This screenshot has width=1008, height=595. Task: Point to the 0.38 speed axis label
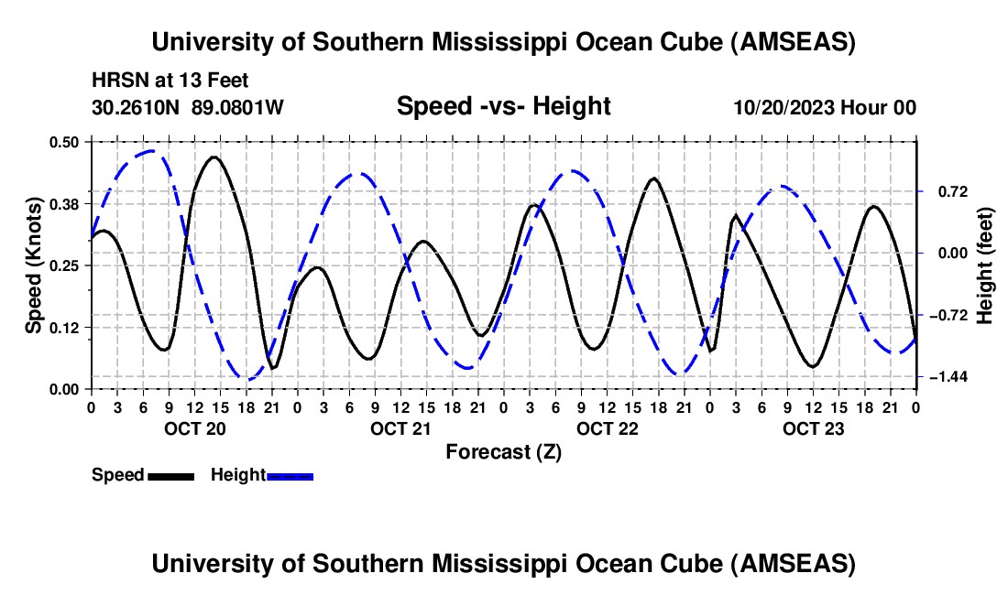click(69, 203)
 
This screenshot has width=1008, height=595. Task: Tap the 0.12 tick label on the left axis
click(69, 327)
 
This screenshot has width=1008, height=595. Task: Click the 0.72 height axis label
click(945, 191)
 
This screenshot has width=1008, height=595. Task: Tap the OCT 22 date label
click(606, 428)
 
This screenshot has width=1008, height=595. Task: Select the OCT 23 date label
click(813, 428)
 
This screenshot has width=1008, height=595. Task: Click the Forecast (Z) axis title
click(503, 451)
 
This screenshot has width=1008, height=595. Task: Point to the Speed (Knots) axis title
click(33, 265)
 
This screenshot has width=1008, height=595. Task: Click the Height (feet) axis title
click(985, 265)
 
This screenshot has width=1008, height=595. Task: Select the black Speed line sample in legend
click(170, 475)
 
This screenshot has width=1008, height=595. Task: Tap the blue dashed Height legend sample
click(290, 475)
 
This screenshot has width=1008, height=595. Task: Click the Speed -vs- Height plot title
click(503, 106)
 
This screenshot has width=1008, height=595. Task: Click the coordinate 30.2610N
click(137, 107)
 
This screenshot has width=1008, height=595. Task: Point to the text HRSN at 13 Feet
click(170, 81)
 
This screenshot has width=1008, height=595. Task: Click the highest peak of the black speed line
click(214, 157)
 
